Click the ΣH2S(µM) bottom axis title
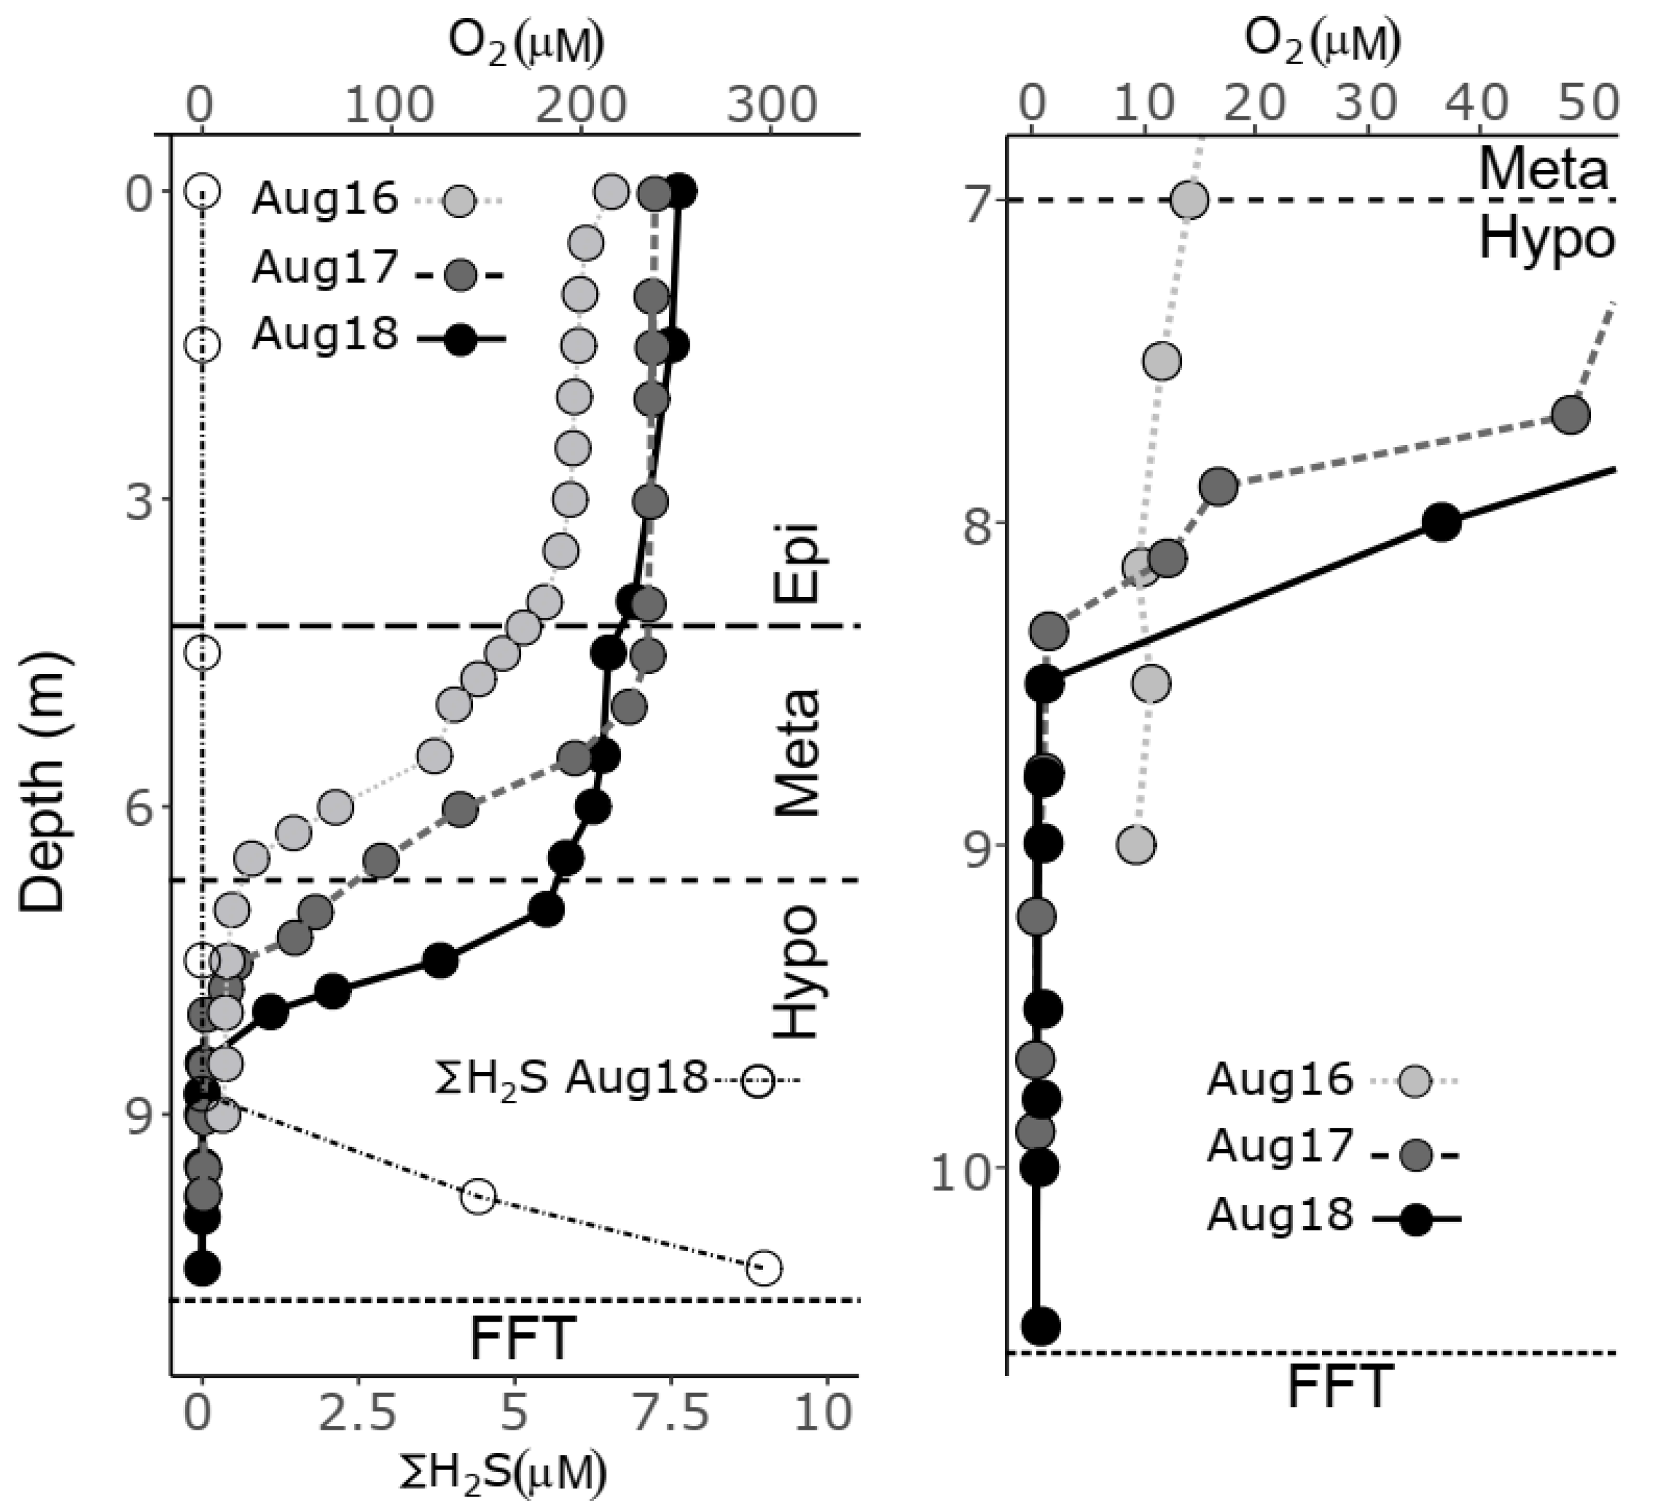[503, 1472]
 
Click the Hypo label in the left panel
[797, 972]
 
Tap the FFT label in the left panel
[520, 1339]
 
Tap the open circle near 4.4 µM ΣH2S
[478, 1196]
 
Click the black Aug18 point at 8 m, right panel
[1442, 523]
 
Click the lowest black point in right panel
[1040, 1326]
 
